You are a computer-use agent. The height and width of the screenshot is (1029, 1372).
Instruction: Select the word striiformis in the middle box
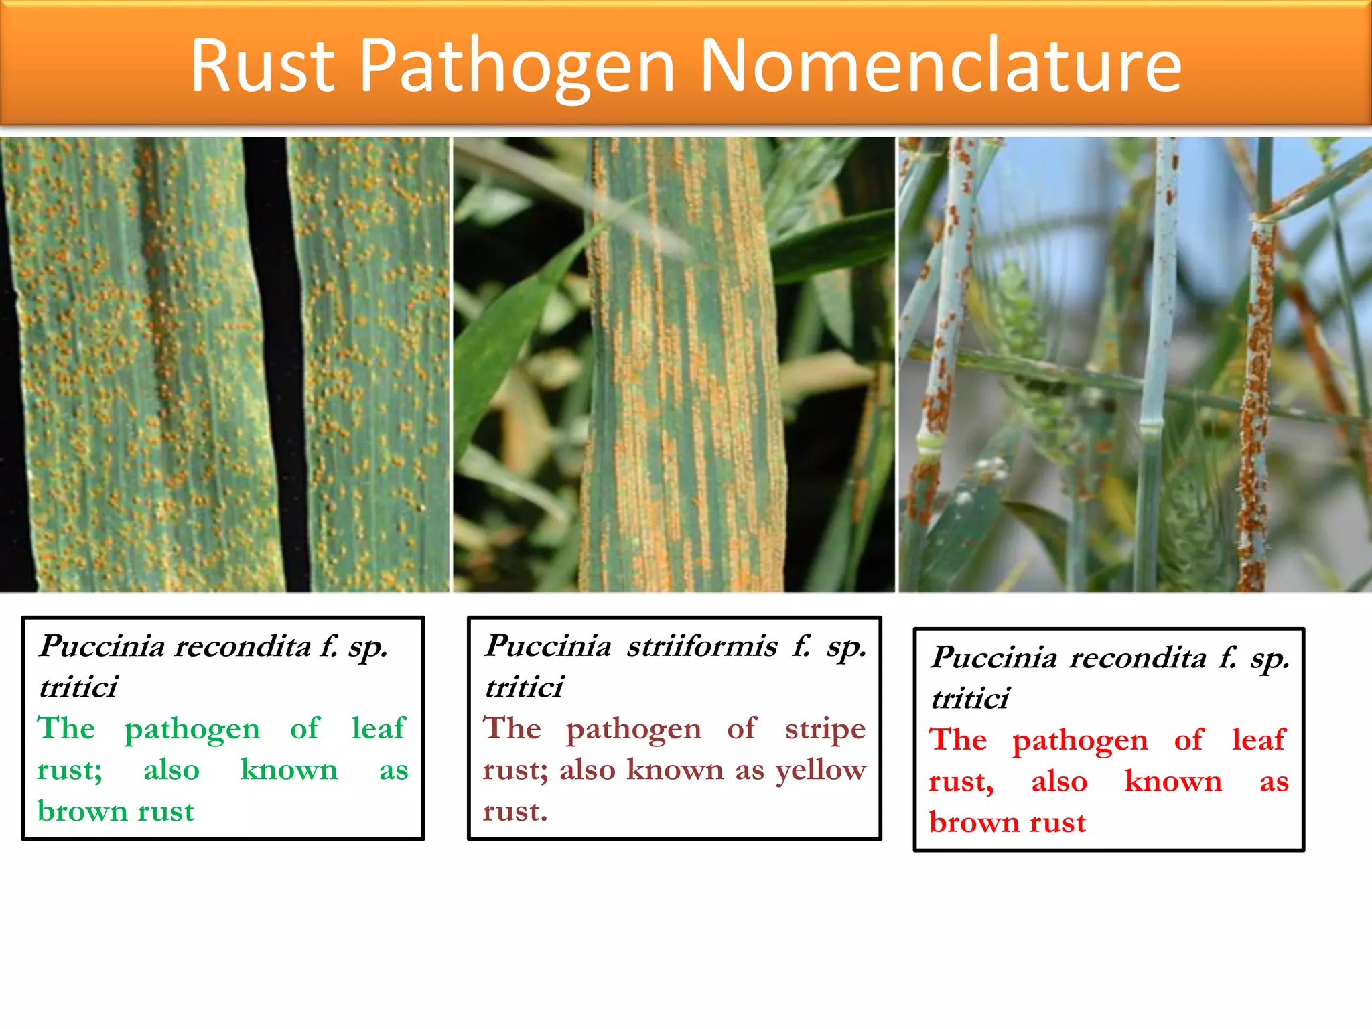click(x=701, y=646)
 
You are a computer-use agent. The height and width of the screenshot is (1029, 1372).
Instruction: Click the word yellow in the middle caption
click(x=821, y=770)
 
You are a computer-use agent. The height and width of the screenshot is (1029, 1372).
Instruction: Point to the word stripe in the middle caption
click(x=825, y=729)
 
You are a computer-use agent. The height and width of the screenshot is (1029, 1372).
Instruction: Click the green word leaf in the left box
click(x=379, y=728)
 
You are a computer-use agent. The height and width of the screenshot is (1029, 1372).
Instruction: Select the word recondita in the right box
click(x=1138, y=658)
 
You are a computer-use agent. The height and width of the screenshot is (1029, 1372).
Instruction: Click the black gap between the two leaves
click(x=275, y=362)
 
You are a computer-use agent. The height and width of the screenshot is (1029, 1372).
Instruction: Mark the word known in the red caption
click(x=1173, y=781)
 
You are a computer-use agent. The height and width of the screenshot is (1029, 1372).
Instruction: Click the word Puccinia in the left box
click(x=102, y=646)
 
